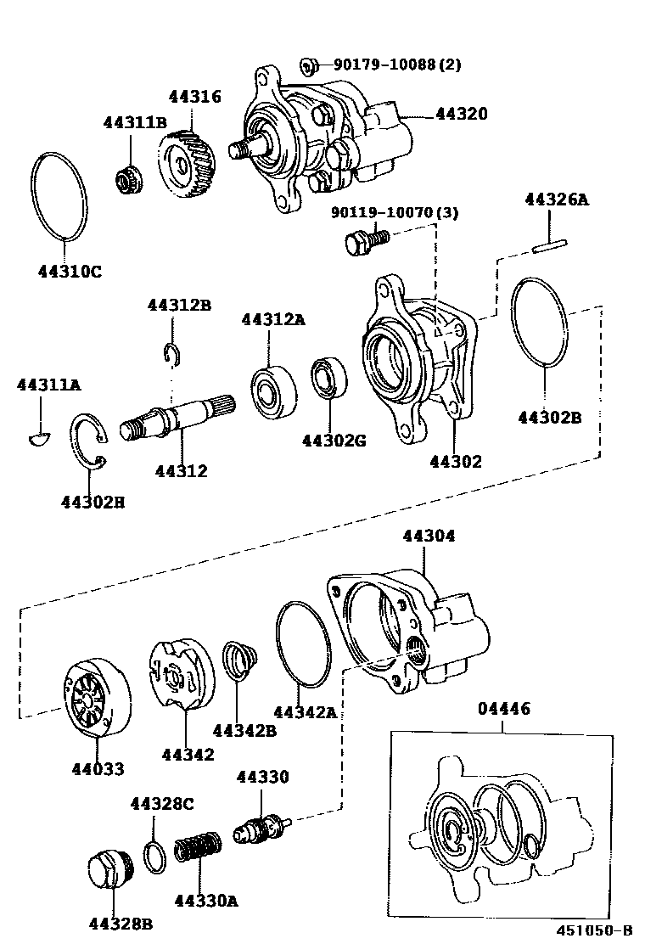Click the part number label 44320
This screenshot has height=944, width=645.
point(463,113)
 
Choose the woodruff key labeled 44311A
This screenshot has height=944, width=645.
point(39,436)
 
